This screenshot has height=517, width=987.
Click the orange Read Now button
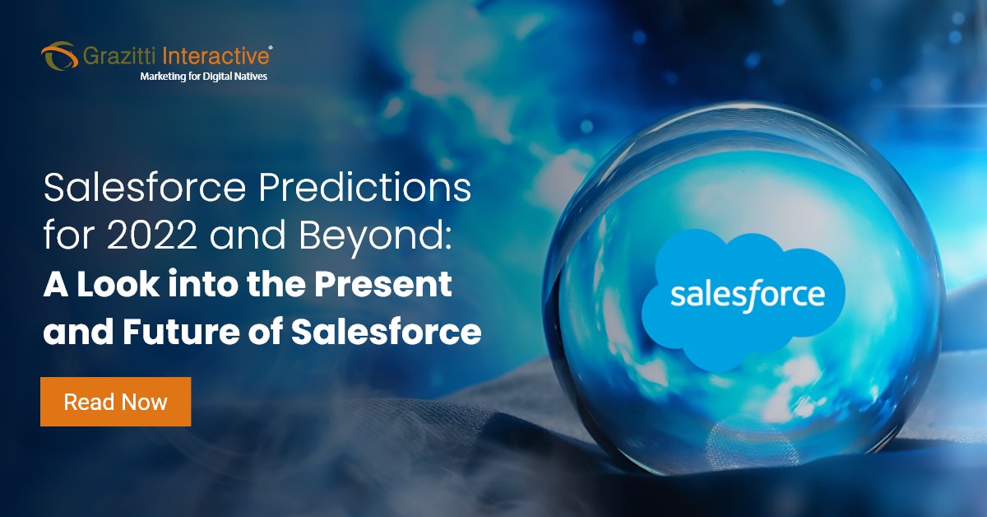tap(115, 402)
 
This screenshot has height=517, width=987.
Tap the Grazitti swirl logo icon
tap(59, 57)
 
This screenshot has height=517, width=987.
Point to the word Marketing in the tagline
tap(166, 76)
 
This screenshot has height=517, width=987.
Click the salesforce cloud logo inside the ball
tap(745, 295)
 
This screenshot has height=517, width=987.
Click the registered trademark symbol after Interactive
tap(271, 49)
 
